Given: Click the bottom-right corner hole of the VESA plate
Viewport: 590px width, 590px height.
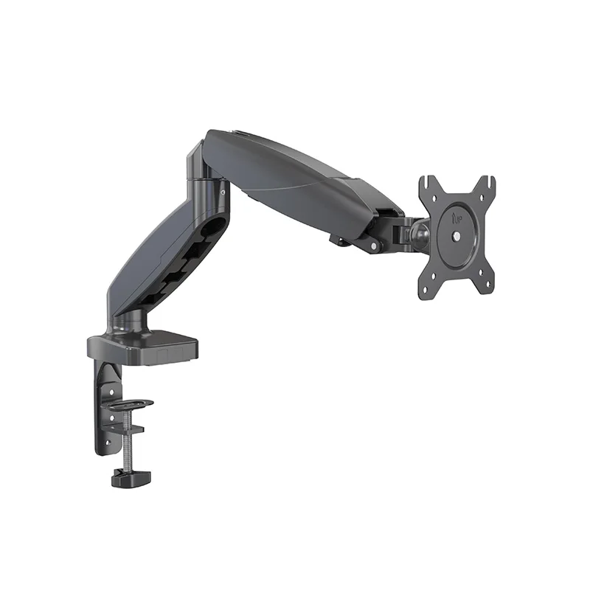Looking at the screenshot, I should [x=484, y=285].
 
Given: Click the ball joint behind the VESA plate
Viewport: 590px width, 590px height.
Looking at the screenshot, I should [x=421, y=234].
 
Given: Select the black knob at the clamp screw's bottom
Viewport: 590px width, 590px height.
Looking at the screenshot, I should [x=131, y=479].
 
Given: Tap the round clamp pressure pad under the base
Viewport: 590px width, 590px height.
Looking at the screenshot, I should [x=128, y=404].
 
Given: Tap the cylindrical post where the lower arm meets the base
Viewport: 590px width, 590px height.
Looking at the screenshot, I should [x=133, y=322].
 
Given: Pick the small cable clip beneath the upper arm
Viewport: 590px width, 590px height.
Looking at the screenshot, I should [x=339, y=239].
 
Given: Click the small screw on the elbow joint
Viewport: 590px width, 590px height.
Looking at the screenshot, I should [x=221, y=193].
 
